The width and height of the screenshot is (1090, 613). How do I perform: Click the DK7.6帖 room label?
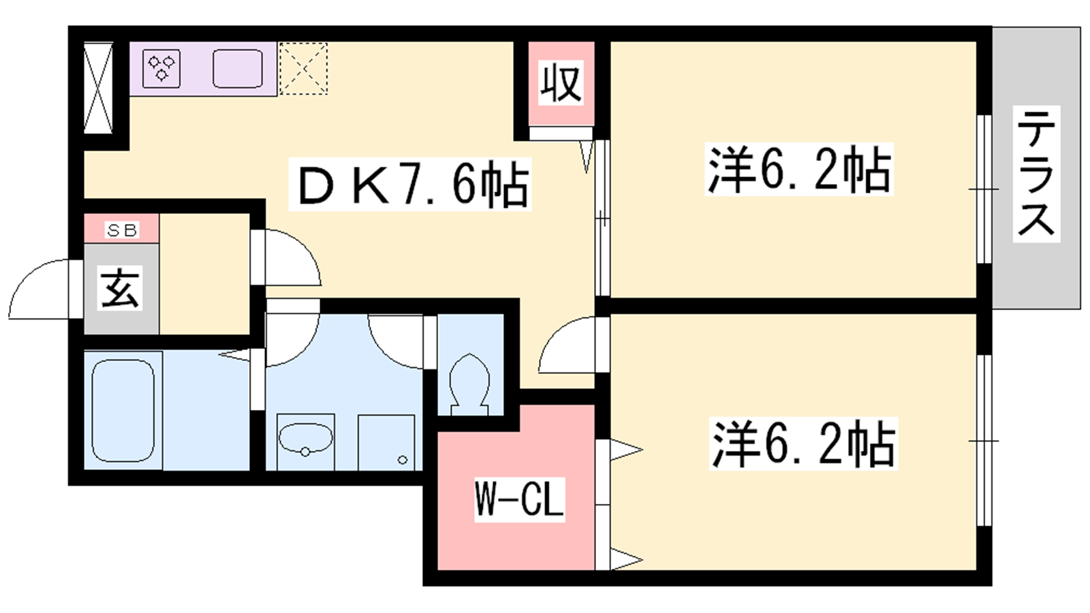pos(409,184)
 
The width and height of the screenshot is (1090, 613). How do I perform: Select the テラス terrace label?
pos(1036,174)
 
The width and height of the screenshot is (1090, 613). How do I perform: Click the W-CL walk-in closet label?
pos(519,500)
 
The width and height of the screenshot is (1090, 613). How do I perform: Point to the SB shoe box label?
pos(122,230)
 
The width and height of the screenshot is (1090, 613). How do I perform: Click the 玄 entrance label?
pos(121,288)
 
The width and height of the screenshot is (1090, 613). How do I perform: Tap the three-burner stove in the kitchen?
pos(161,69)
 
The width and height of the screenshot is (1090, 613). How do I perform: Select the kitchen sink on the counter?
pos(238,69)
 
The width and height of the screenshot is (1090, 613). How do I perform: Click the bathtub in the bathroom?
pos(123,411)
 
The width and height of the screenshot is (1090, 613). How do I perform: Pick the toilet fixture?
pos(469,384)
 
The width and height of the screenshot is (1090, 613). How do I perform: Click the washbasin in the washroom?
pos(305,440)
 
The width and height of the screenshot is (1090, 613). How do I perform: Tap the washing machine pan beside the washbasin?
pos(386,442)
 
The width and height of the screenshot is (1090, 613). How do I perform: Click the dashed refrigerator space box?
pos(303,69)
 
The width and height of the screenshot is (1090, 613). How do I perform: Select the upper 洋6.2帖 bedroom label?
pos(799,170)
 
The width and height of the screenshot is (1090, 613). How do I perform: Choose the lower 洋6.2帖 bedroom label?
pos(803,443)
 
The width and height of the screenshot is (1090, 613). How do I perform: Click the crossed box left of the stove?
pos(98,88)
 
